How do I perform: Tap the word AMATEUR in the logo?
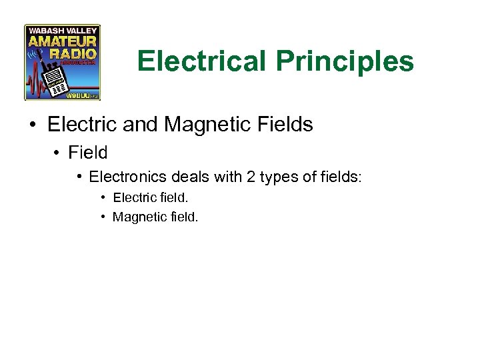pyautogui.click(x=63, y=42)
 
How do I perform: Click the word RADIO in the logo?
pyautogui.click(x=73, y=53)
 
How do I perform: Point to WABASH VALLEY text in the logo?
pyautogui.click(x=63, y=30)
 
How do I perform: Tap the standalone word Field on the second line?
pyautogui.click(x=88, y=153)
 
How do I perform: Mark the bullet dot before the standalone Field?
pyautogui.click(x=57, y=153)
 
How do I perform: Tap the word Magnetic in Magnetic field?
pyautogui.click(x=136, y=217)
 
